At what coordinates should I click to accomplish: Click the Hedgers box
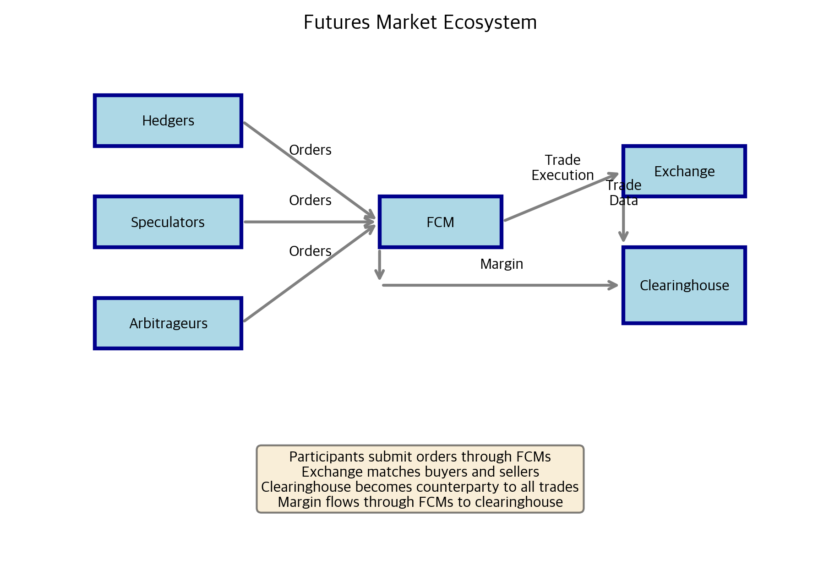[x=168, y=121]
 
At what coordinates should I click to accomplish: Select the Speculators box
[x=168, y=222]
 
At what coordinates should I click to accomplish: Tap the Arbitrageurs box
[x=168, y=323]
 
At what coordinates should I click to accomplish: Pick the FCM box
[x=441, y=222]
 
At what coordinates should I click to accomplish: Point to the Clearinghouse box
[x=684, y=285]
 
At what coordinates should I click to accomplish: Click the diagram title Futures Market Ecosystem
[x=420, y=22]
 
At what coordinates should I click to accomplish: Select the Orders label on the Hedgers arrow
[x=310, y=150]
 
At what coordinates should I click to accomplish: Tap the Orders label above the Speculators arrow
[x=310, y=201]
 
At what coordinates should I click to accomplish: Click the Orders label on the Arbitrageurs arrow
[x=310, y=251]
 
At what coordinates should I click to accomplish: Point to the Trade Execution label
[x=562, y=168]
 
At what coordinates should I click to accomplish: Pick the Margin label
[x=502, y=264]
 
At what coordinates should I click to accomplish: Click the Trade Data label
[x=623, y=193]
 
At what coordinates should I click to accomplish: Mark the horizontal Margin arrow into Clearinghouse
[x=499, y=285]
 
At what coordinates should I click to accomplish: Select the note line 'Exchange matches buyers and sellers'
[x=420, y=472]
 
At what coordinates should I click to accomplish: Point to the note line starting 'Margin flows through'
[x=420, y=502]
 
